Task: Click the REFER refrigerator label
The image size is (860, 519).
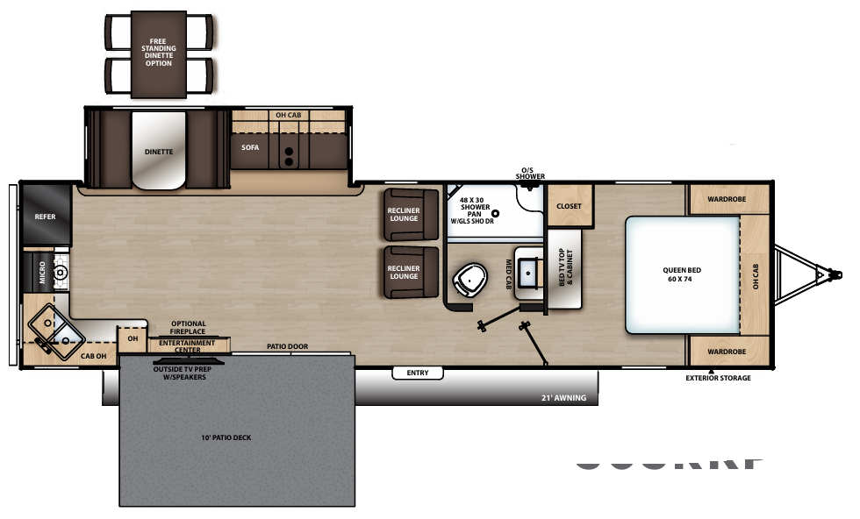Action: click(x=45, y=216)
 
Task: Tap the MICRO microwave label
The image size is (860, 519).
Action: click(x=41, y=273)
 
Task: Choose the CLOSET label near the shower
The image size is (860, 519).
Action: click(x=570, y=206)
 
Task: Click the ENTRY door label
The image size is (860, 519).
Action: click(x=418, y=373)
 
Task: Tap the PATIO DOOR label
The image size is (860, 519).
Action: click(x=287, y=346)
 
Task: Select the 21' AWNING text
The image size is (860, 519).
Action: click(x=563, y=398)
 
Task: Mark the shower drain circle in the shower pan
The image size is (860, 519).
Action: click(x=495, y=212)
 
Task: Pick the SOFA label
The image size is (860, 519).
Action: click(x=250, y=147)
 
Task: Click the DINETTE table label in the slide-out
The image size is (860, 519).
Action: click(x=159, y=152)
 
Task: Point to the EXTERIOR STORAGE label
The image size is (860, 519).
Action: click(x=718, y=379)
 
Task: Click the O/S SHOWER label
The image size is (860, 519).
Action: click(x=533, y=174)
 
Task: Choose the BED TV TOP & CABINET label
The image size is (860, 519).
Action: click(x=564, y=267)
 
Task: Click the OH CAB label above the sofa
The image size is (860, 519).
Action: click(x=288, y=116)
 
